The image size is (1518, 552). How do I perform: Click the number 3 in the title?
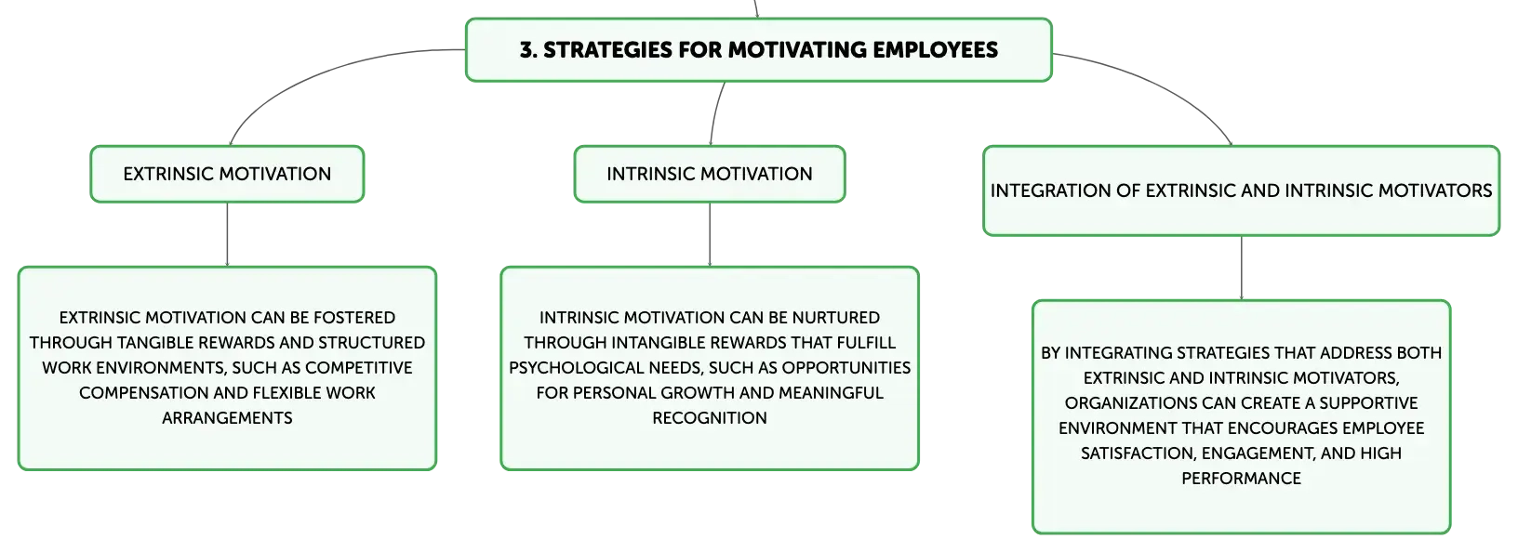tap(526, 50)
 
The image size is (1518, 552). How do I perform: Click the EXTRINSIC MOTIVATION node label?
tap(227, 174)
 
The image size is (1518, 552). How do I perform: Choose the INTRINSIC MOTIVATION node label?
tap(710, 174)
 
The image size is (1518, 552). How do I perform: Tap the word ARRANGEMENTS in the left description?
tap(227, 418)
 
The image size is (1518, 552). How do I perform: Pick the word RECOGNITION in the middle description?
tap(710, 418)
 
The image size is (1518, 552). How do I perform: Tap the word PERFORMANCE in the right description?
tap(1242, 479)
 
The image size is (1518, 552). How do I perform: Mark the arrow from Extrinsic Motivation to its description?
tap(227, 234)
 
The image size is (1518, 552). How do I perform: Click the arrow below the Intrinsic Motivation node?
tap(710, 234)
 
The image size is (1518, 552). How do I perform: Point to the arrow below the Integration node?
tap(1242, 268)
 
